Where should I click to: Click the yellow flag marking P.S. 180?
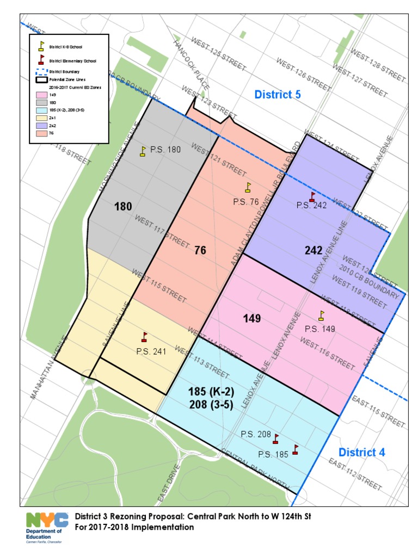coord(143,151)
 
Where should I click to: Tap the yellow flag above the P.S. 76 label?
coord(248,188)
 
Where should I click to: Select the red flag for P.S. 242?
coord(312,197)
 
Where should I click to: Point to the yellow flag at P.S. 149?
coord(321,315)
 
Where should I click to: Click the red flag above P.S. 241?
coord(144,337)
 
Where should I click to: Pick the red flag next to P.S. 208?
coord(276,438)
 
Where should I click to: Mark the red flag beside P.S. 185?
coord(296,449)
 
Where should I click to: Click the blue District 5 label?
coord(278,95)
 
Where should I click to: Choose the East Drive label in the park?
coord(165,487)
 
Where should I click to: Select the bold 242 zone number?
coord(313,250)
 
